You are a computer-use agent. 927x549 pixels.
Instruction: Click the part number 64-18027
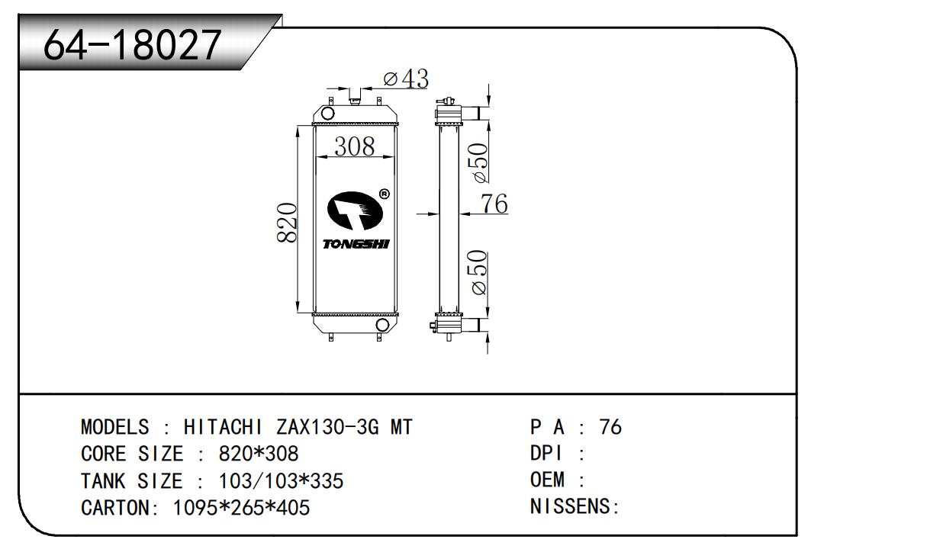(x=132, y=45)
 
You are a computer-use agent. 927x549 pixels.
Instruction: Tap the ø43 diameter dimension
(x=406, y=79)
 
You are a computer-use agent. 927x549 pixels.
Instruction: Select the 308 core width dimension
(x=354, y=146)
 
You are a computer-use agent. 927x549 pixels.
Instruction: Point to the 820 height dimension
(x=287, y=222)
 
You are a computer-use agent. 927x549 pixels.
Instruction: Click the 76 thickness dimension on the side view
(x=494, y=204)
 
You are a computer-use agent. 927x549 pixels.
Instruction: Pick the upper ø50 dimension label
(x=478, y=162)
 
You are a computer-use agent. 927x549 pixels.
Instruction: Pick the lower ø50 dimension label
(x=478, y=272)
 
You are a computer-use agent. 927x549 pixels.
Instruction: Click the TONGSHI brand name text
(x=356, y=245)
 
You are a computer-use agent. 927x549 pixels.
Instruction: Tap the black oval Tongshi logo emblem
(x=355, y=210)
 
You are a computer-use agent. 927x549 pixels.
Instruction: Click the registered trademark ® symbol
(x=384, y=194)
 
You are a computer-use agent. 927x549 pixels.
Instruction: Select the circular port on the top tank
(x=327, y=113)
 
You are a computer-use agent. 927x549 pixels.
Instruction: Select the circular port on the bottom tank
(x=382, y=325)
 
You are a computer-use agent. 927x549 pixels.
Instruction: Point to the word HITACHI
(x=223, y=427)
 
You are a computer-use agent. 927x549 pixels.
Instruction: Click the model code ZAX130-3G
(x=328, y=427)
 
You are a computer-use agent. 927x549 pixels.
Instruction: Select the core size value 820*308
(x=258, y=454)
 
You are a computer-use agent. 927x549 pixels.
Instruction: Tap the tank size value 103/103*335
(x=281, y=481)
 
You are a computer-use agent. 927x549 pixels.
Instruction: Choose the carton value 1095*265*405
(x=241, y=508)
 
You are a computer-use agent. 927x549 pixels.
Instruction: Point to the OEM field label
(x=547, y=480)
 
